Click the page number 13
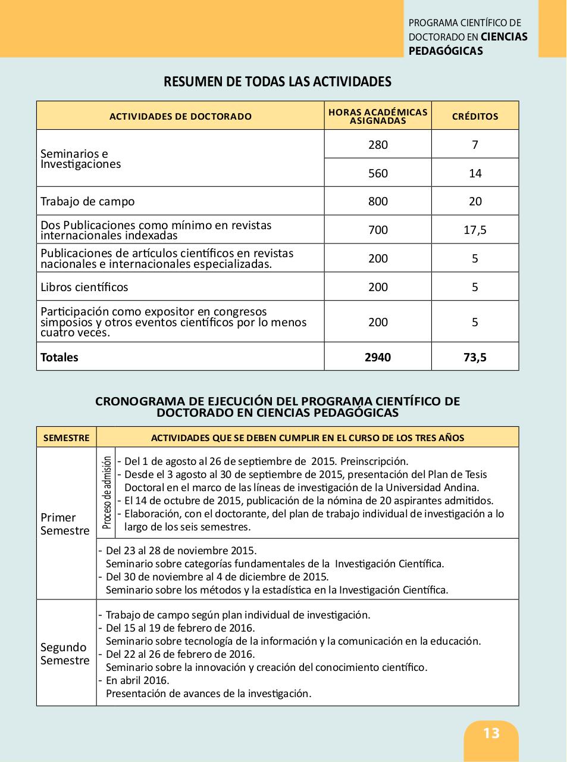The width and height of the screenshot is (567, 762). click(491, 733)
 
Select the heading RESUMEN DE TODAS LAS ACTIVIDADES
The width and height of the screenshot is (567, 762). click(277, 82)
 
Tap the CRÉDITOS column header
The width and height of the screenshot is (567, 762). click(475, 116)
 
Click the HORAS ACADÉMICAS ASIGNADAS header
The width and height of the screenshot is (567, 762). click(378, 116)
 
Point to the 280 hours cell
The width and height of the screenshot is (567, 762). click(378, 145)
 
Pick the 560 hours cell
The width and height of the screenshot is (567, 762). click(378, 173)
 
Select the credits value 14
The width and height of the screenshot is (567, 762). click(475, 173)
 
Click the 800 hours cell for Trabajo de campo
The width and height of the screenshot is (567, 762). click(378, 201)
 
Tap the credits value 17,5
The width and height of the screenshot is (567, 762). click(475, 230)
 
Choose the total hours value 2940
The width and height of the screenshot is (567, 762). click(378, 357)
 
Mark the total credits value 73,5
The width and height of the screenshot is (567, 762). click(475, 357)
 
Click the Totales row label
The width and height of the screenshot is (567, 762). click(59, 357)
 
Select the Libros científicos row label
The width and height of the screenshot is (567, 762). click(84, 287)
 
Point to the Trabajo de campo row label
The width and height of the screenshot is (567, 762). click(87, 201)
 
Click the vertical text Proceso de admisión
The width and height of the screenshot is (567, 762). click(106, 492)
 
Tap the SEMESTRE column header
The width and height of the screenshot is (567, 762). click(66, 438)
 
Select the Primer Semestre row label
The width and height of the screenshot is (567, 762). click(65, 524)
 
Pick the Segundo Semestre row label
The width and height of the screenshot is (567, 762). click(65, 654)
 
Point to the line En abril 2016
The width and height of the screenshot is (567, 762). click(137, 680)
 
